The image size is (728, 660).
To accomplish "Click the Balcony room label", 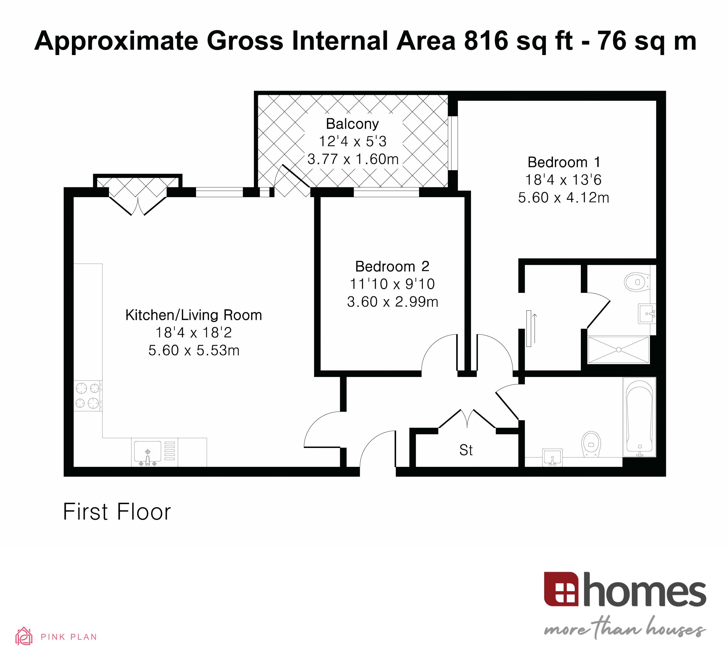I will tap(352, 124).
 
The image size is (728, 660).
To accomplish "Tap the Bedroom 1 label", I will tap(563, 162).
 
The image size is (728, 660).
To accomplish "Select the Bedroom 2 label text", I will tap(392, 267).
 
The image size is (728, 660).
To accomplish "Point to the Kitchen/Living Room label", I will tap(194, 315).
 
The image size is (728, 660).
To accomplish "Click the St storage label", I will tap(466, 450).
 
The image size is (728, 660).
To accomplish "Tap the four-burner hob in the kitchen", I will tap(87, 395).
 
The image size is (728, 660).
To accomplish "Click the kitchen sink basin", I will tap(147, 451).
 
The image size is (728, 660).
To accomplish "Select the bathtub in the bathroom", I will tap(639, 417).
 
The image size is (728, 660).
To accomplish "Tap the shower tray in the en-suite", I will tap(618, 349).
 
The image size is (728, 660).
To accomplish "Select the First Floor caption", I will tap(117, 512).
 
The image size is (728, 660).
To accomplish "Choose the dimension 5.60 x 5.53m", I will tap(194, 350).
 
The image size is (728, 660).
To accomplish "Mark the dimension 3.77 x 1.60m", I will tap(353, 159).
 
